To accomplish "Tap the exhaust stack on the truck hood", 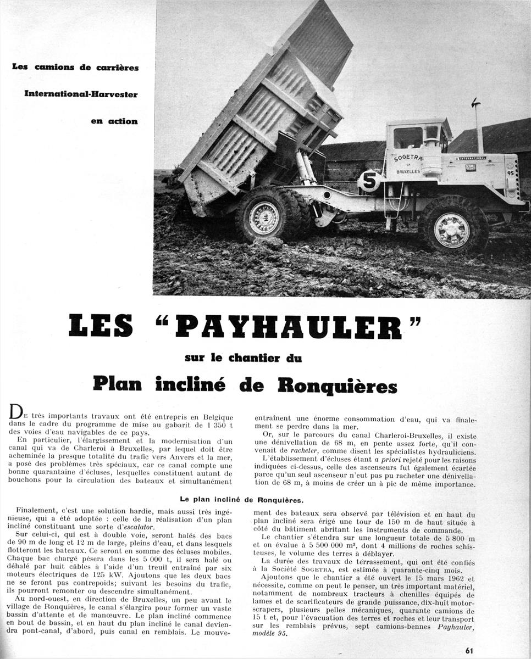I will (478, 127).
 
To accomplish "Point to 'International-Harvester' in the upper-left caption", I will (81, 94).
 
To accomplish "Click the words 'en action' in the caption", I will (114, 121).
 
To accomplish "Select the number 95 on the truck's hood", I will (511, 173).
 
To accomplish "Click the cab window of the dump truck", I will (408, 137).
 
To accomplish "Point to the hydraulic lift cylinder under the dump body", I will (305, 168).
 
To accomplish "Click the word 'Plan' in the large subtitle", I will (120, 384).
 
